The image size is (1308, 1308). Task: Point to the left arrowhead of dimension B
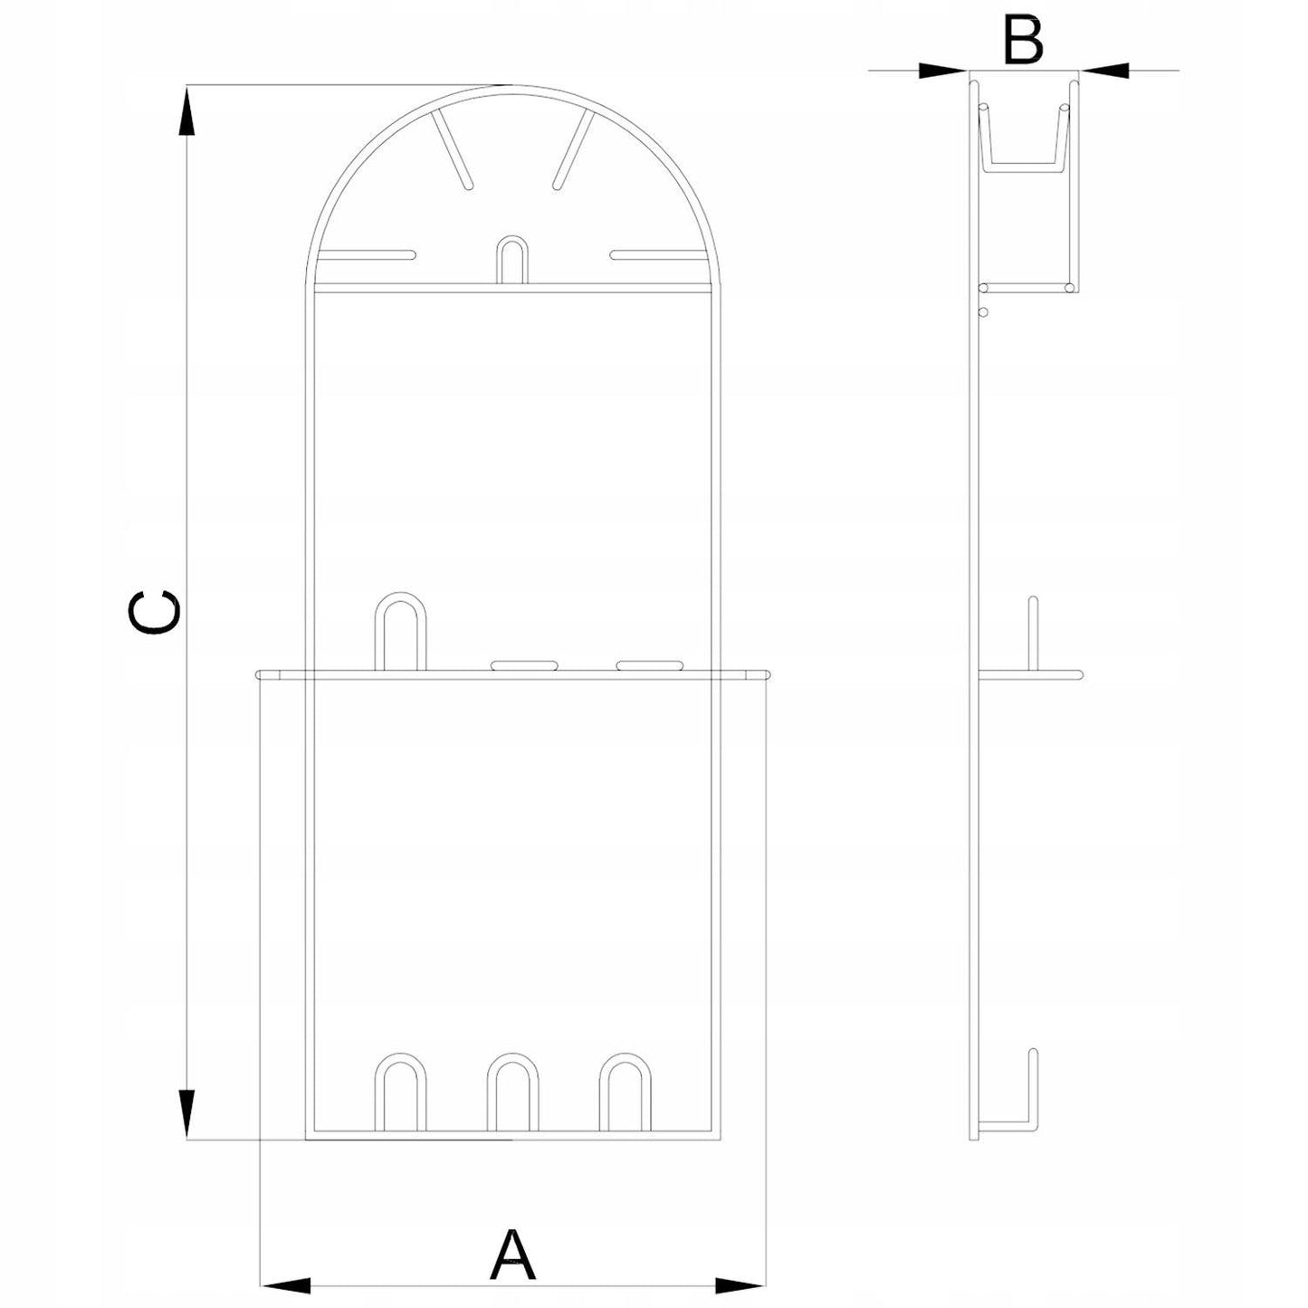943,70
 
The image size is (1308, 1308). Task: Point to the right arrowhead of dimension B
1104,70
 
